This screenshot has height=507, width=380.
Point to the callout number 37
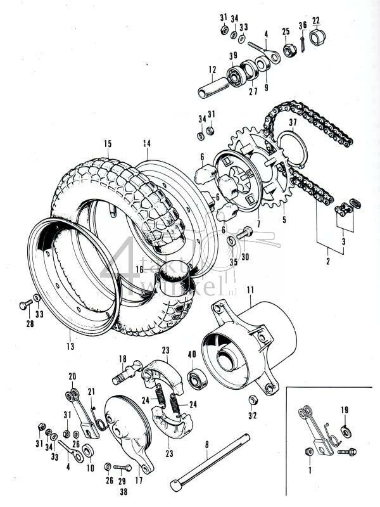293,122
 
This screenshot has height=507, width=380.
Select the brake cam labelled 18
129,373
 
